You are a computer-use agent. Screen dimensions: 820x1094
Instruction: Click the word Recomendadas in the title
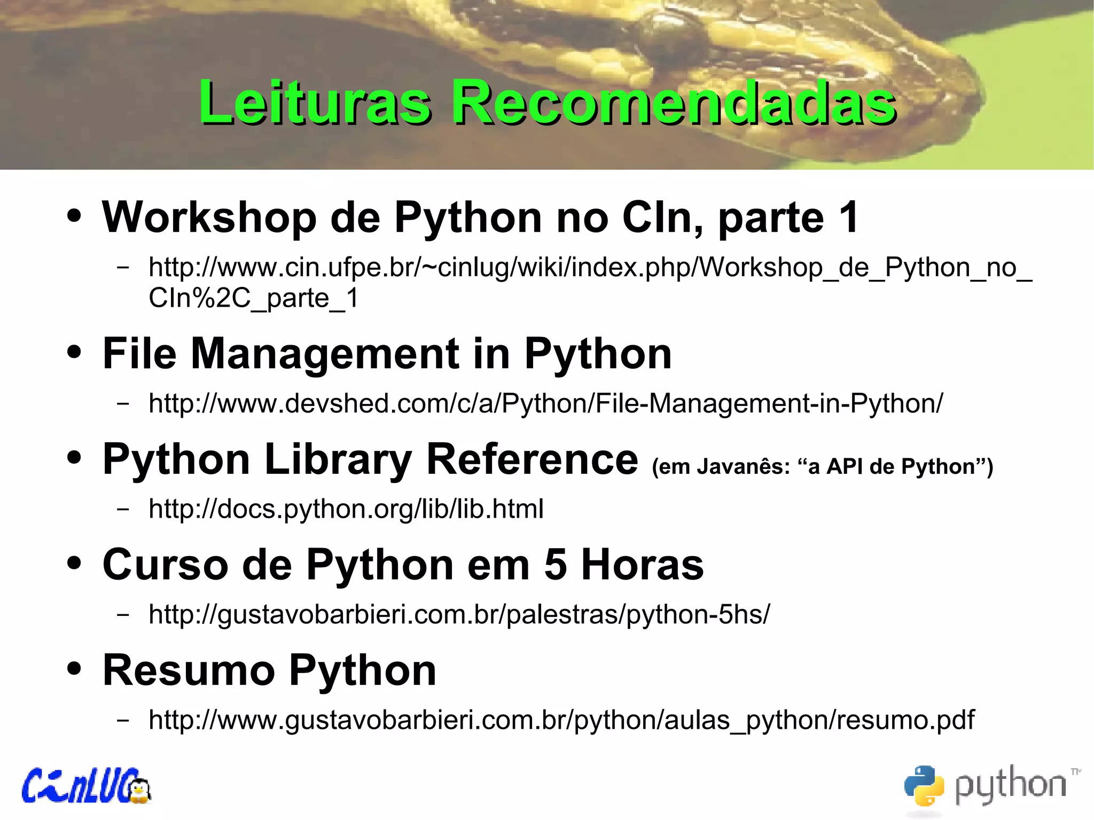(674, 103)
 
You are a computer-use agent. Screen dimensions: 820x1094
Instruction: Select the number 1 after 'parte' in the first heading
(848, 217)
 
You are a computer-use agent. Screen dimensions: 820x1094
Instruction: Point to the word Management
(325, 354)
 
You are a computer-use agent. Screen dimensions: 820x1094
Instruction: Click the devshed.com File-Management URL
(545, 403)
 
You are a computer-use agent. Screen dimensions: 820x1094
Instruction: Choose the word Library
(338, 459)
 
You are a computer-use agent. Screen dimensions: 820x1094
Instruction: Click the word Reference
(532, 459)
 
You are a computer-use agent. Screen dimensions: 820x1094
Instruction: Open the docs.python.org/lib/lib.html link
(346, 509)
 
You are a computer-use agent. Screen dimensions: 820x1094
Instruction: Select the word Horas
(643, 565)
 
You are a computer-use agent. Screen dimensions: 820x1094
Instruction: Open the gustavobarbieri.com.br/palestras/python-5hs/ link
(459, 614)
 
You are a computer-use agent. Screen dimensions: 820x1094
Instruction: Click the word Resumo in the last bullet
(189, 670)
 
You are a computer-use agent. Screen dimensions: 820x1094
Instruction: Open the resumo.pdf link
(561, 720)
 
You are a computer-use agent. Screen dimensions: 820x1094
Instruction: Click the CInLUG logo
(85, 786)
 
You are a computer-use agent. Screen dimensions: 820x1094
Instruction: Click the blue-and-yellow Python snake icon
(924, 785)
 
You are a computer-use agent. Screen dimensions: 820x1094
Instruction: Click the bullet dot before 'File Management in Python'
(74, 352)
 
